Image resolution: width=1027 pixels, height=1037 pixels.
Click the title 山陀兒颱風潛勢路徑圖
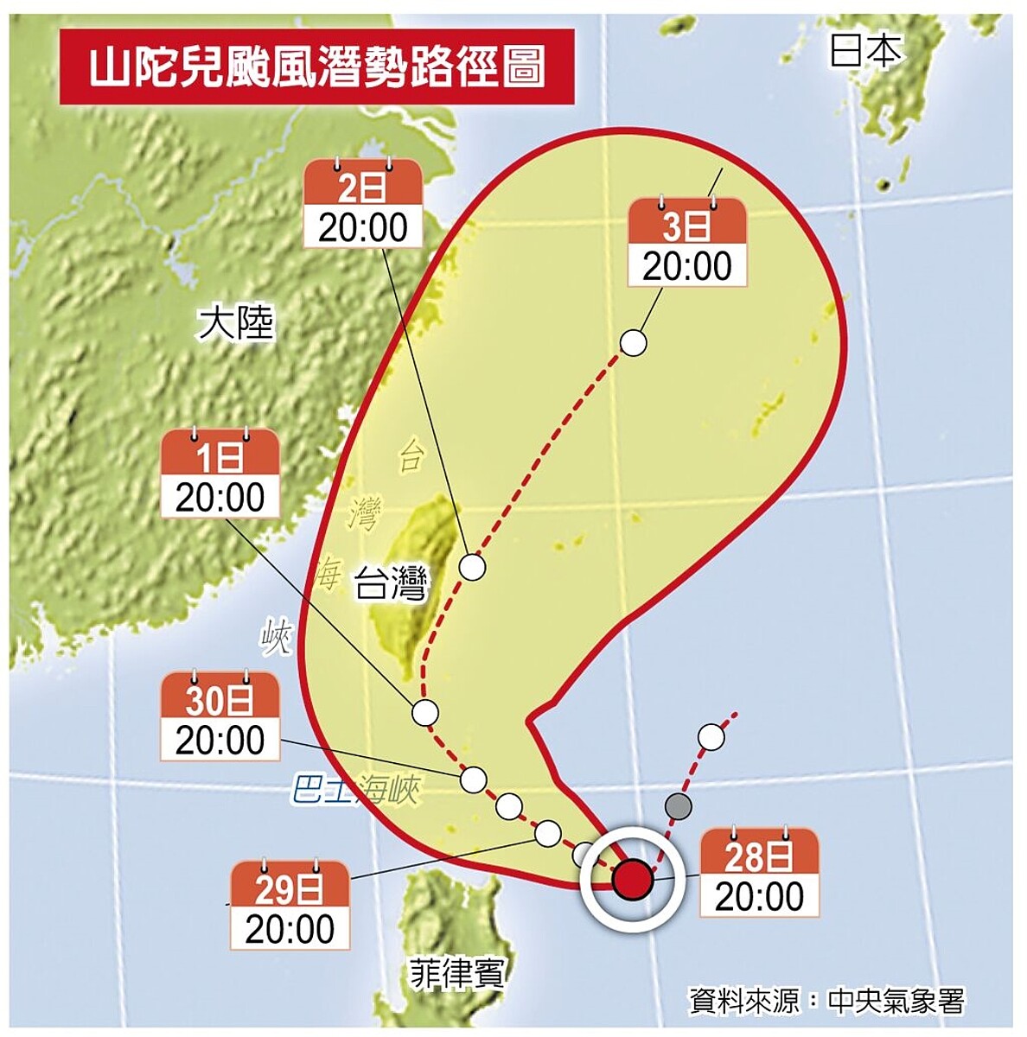(317, 67)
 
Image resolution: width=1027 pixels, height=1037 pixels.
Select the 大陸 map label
(235, 323)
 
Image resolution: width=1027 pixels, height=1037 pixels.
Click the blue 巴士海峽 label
(355, 790)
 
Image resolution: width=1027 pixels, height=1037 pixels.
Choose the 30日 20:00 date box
(220, 720)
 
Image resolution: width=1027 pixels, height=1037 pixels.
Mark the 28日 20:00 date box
(759, 875)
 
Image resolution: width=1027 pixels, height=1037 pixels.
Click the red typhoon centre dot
(632, 879)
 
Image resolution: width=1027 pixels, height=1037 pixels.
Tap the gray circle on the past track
(679, 807)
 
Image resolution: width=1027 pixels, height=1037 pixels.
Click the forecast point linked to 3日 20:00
(634, 343)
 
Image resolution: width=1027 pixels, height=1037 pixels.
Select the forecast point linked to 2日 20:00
(472, 568)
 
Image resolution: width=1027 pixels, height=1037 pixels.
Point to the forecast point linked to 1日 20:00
(424, 713)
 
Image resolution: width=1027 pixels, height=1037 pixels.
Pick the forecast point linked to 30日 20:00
(473, 779)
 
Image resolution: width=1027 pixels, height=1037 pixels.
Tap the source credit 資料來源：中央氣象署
(826, 1001)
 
